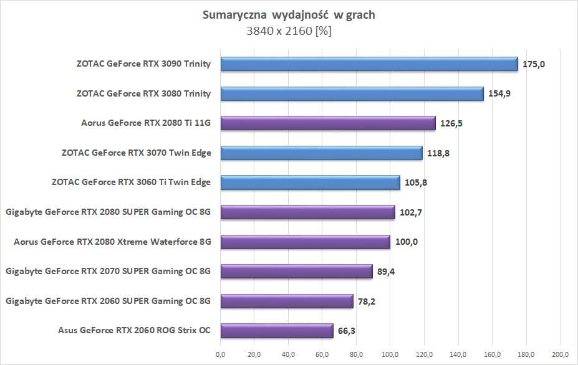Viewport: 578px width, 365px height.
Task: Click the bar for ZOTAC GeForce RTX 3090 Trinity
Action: tap(368, 64)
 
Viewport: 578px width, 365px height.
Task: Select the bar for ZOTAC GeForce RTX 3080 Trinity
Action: tap(351, 94)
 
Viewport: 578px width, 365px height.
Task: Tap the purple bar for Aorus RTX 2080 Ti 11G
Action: tap(327, 123)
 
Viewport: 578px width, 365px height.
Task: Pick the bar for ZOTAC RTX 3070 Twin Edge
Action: tap(320, 153)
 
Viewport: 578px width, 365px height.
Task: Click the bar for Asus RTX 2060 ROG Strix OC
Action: tap(276, 331)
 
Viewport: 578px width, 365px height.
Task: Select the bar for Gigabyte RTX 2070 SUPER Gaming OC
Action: tap(296, 272)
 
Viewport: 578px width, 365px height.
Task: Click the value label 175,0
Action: tap(534, 64)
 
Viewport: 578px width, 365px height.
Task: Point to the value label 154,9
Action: tap(499, 94)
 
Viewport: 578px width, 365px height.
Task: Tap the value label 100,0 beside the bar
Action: tap(407, 242)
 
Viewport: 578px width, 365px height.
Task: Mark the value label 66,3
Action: tap(347, 331)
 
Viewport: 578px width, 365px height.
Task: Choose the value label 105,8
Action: tap(416, 183)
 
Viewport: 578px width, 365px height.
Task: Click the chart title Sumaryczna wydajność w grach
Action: tap(289, 15)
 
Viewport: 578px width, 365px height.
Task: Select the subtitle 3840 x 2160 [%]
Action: tap(289, 31)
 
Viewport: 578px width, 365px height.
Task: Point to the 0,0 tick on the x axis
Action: tap(220, 354)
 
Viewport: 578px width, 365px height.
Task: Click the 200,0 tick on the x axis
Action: tap(559, 354)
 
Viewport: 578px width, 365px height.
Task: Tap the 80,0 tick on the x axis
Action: tap(356, 354)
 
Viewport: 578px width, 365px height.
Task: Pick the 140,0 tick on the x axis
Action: tap(458, 354)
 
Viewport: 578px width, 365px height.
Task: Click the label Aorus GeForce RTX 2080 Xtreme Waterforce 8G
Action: tap(112, 242)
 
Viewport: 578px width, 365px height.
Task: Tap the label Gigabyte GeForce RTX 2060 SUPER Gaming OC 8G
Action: tap(108, 301)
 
